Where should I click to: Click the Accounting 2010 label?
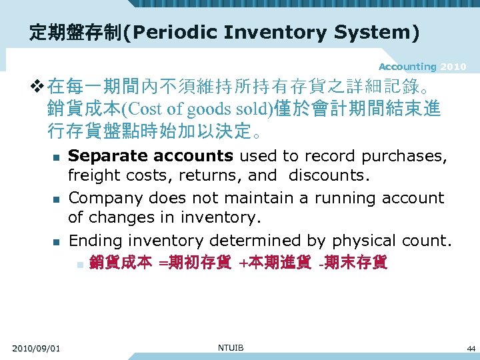click(422, 67)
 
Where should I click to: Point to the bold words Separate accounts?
click(151, 156)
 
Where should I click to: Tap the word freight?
click(90, 176)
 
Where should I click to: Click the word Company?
click(106, 198)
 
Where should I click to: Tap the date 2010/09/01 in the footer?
click(36, 348)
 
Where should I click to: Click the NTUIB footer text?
click(231, 347)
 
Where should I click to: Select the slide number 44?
click(471, 349)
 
